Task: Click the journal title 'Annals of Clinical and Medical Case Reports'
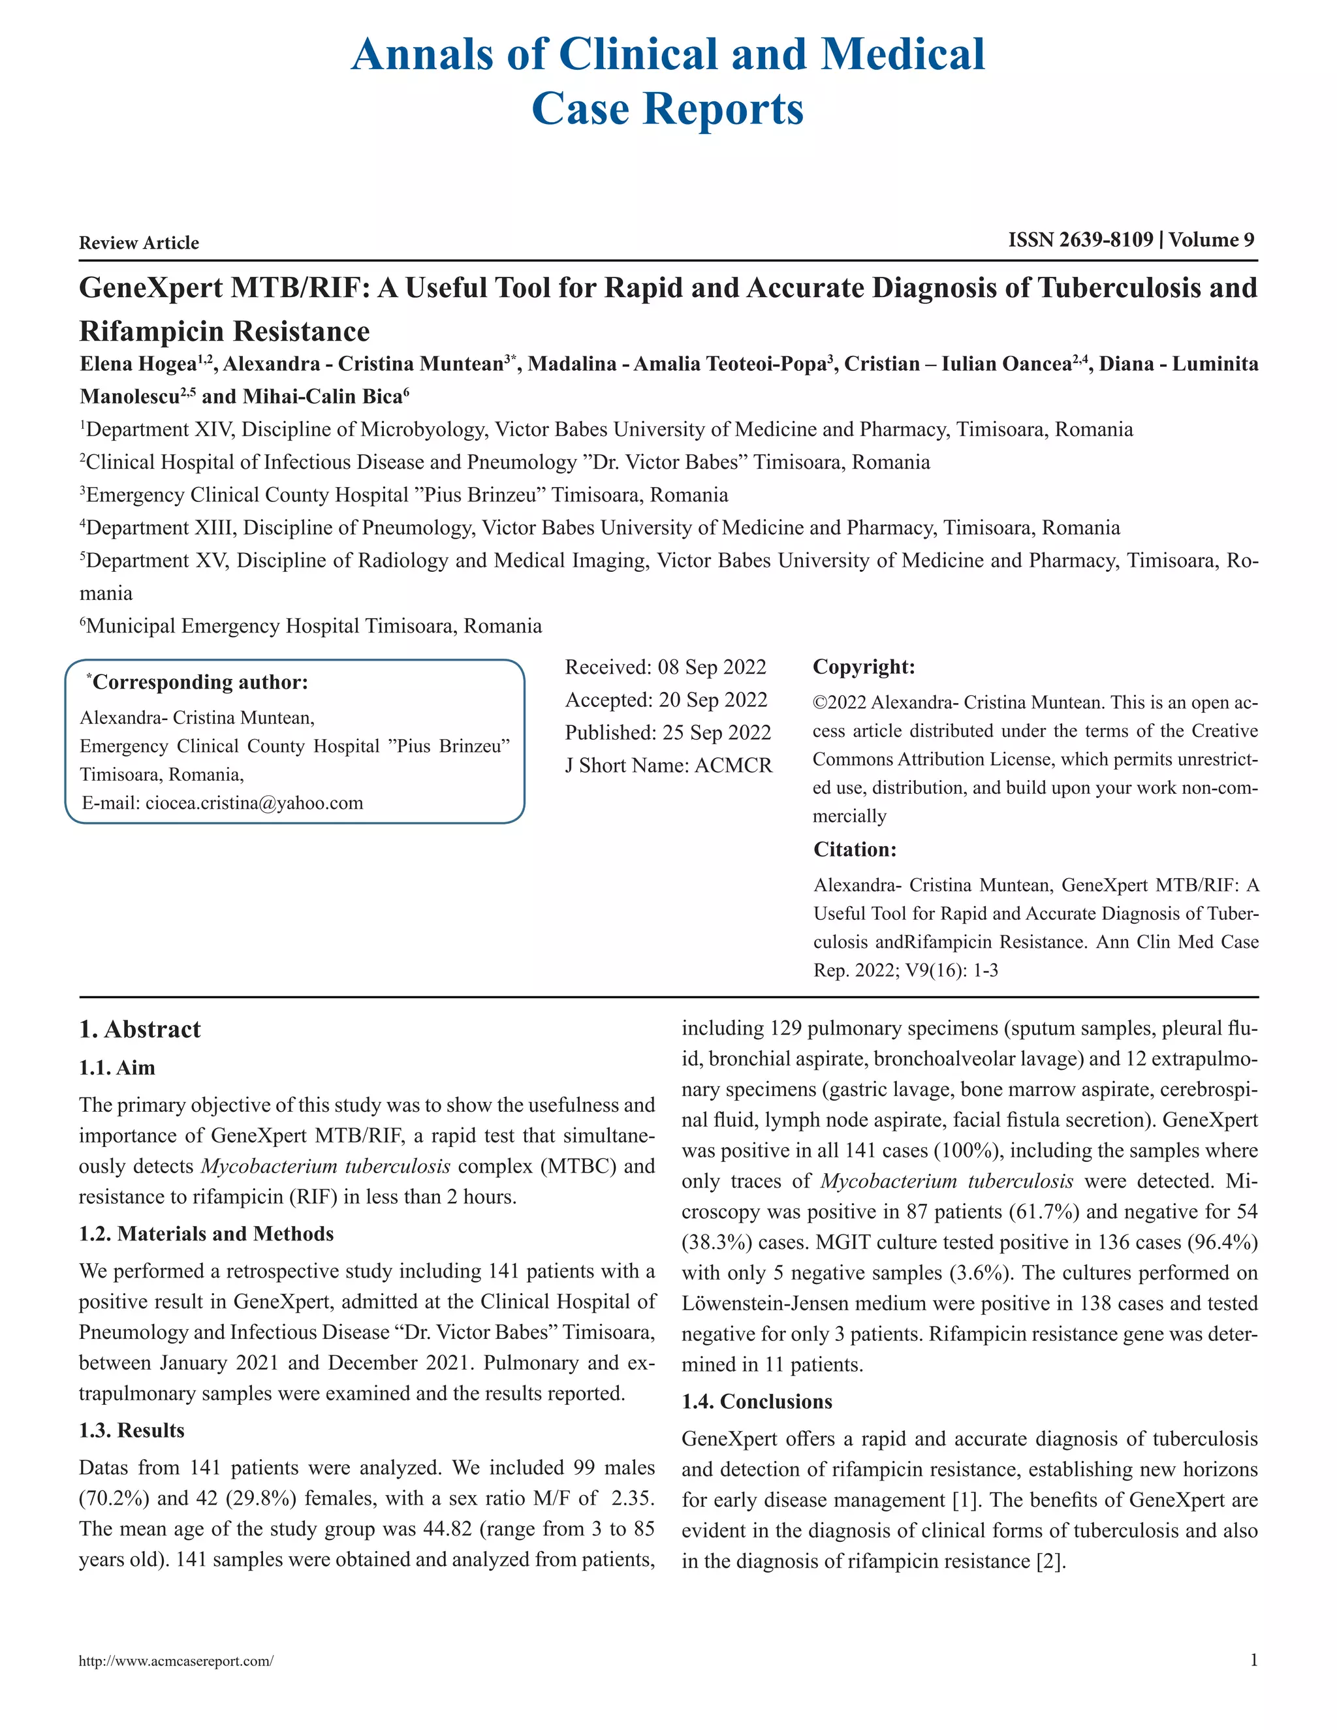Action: [x=668, y=81]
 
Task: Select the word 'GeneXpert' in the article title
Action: [x=151, y=287]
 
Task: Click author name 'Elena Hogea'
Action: [x=138, y=364]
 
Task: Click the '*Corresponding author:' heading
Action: [x=197, y=682]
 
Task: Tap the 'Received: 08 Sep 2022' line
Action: [x=665, y=667]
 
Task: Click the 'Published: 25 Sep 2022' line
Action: [x=668, y=732]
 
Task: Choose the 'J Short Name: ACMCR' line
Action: [x=668, y=765]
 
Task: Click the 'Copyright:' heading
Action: [x=863, y=667]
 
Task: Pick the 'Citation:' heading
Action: [x=855, y=850]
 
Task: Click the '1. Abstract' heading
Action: [x=140, y=1029]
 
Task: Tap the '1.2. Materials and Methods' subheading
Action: [x=206, y=1233]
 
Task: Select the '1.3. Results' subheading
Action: [x=131, y=1430]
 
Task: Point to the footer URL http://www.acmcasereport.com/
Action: [x=176, y=1661]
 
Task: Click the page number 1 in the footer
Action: [x=1253, y=1660]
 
